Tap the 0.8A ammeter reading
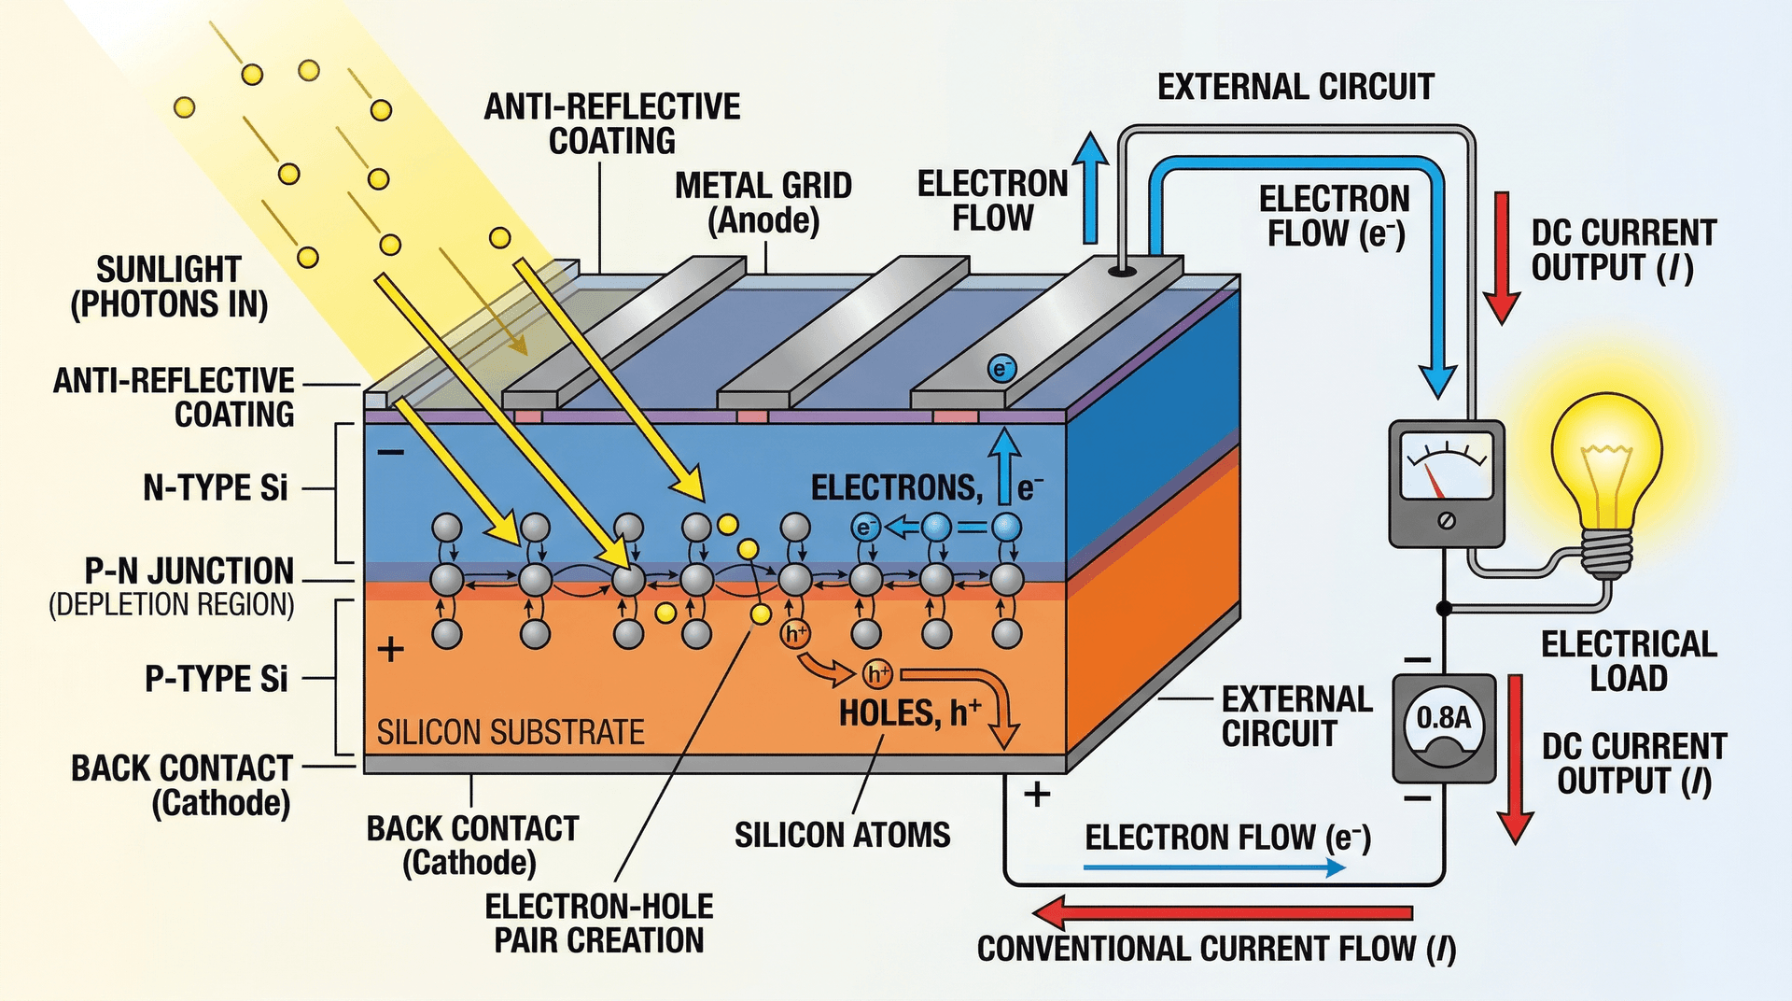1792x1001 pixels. pyautogui.click(x=1443, y=718)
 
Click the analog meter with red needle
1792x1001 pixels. pyautogui.click(x=1447, y=482)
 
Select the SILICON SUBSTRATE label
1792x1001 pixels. pyautogui.click(x=511, y=732)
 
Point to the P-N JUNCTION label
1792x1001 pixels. pyautogui.click(x=189, y=571)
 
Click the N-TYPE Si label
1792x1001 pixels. pyautogui.click(x=216, y=487)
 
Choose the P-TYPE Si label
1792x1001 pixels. pyautogui.click(x=216, y=679)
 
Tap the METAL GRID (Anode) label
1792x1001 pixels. pyautogui.click(x=763, y=203)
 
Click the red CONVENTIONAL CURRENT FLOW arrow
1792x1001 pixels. pyautogui.click(x=1223, y=912)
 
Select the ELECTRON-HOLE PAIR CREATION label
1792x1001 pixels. pyautogui.click(x=598, y=923)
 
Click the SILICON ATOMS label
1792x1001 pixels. pyautogui.click(x=842, y=834)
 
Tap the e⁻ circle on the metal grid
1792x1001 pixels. pyautogui.click(x=1001, y=369)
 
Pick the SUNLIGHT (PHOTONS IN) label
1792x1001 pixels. pyautogui.click(x=169, y=287)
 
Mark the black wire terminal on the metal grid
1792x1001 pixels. pyautogui.click(x=1122, y=272)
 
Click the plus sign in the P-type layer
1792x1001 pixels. pyautogui.click(x=390, y=649)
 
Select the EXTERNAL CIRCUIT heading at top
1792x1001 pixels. pyautogui.click(x=1295, y=87)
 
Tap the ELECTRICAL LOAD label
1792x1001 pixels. pyautogui.click(x=1628, y=660)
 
